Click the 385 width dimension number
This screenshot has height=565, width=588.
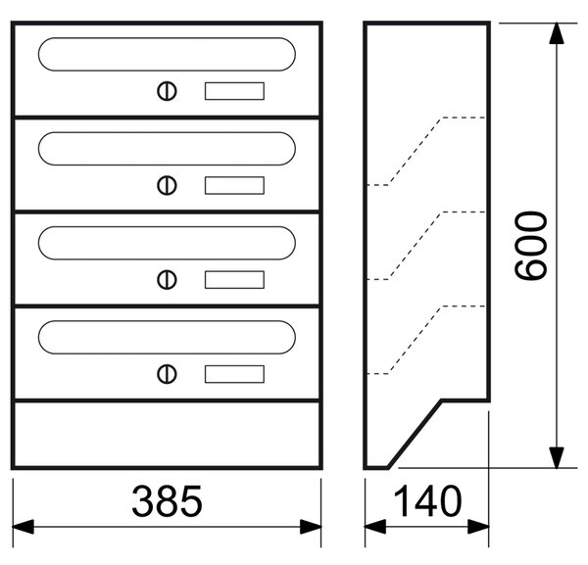click(167, 501)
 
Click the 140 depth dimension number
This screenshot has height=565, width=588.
click(427, 501)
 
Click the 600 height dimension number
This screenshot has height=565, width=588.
click(531, 246)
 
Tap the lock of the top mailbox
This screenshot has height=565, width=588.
click(167, 91)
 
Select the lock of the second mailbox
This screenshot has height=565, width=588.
click(167, 185)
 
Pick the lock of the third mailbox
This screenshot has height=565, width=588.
click(167, 280)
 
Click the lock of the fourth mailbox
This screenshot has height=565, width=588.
click(167, 374)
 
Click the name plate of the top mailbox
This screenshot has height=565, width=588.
click(234, 91)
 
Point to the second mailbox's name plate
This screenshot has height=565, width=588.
click(234, 185)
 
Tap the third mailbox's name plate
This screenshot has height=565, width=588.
click(234, 280)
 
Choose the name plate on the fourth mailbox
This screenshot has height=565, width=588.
click(234, 374)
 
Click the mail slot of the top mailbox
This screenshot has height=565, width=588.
click(167, 38)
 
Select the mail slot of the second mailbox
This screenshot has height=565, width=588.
click(167, 132)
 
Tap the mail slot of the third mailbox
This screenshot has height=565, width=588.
click(167, 227)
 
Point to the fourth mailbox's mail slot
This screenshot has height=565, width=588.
click(167, 321)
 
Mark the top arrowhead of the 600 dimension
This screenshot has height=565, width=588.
click(557, 33)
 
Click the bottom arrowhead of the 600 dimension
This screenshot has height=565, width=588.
click(557, 457)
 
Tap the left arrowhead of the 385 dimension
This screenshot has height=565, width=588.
click(24, 527)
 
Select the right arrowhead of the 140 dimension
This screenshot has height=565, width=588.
click(478, 527)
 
